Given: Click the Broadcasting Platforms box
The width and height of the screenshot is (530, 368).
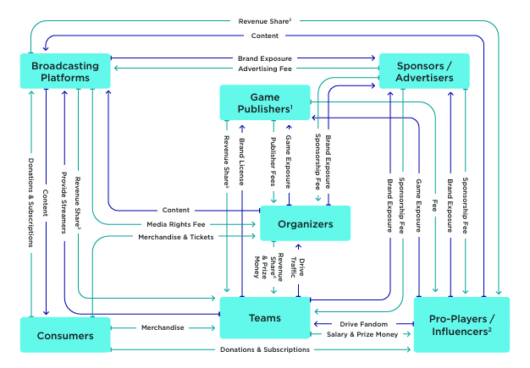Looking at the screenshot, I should coord(66,71).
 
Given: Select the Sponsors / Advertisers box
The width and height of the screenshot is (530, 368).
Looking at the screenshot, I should coord(422,71).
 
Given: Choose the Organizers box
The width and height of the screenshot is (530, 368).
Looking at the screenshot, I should coord(305,224).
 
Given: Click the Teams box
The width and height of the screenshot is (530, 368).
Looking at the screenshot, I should coord(264,319).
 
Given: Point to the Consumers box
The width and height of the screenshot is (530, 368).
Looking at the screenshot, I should coord(66,335).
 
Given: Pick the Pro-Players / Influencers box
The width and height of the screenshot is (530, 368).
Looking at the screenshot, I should coord(461,326).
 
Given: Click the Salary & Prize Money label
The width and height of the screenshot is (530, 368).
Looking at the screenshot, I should coord(362,335).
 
